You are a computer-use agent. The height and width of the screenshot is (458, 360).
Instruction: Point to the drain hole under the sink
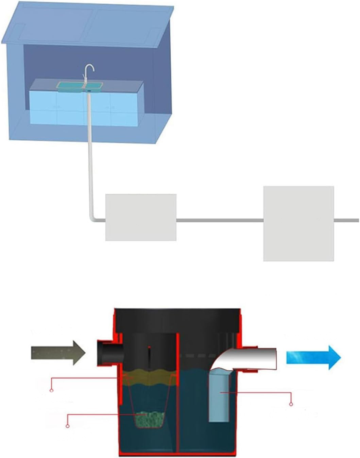(x=89, y=91)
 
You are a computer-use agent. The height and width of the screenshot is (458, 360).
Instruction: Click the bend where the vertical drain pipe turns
(x=92, y=219)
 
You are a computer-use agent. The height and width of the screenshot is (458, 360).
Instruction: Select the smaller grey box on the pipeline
(x=141, y=217)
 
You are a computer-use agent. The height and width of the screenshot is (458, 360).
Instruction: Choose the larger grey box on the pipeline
(x=298, y=223)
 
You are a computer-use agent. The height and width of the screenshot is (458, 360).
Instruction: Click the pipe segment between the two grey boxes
(x=220, y=221)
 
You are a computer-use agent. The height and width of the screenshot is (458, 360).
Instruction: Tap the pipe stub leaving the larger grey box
(x=346, y=221)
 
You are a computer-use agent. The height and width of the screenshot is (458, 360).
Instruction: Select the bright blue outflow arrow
(x=313, y=357)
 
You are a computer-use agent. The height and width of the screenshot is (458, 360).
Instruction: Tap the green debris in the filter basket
(x=150, y=419)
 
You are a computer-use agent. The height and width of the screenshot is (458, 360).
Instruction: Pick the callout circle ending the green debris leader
(x=67, y=426)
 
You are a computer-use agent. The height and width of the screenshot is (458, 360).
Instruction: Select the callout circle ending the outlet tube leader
(x=291, y=404)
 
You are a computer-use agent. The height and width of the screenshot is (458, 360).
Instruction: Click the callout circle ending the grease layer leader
(x=51, y=390)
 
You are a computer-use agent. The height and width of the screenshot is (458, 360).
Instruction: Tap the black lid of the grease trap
(x=177, y=319)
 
